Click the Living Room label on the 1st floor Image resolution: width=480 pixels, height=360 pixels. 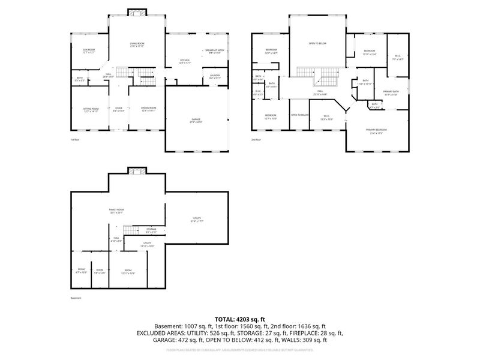click(137, 44)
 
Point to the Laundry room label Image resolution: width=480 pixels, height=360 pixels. click(215, 76)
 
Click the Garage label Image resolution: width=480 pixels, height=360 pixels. click(196, 121)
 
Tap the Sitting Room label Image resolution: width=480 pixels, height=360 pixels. click(90, 109)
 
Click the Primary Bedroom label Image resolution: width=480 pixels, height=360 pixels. click(376, 131)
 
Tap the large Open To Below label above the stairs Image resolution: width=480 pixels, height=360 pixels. click(317, 44)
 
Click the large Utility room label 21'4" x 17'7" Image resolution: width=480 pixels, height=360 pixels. click(197, 219)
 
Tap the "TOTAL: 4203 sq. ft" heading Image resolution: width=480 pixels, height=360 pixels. click(240, 319)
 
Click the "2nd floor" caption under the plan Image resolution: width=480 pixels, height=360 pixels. click(257, 140)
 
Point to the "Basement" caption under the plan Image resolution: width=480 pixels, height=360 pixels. click(75, 298)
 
